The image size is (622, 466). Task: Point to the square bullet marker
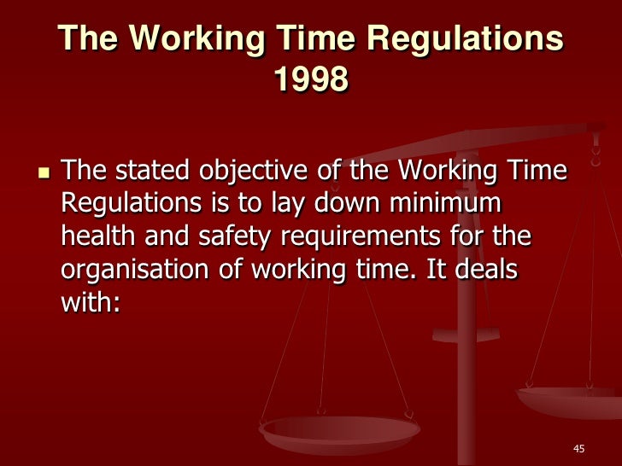(x=36, y=172)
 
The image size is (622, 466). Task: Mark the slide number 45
(x=578, y=449)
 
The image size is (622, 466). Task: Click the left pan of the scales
(x=340, y=430)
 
